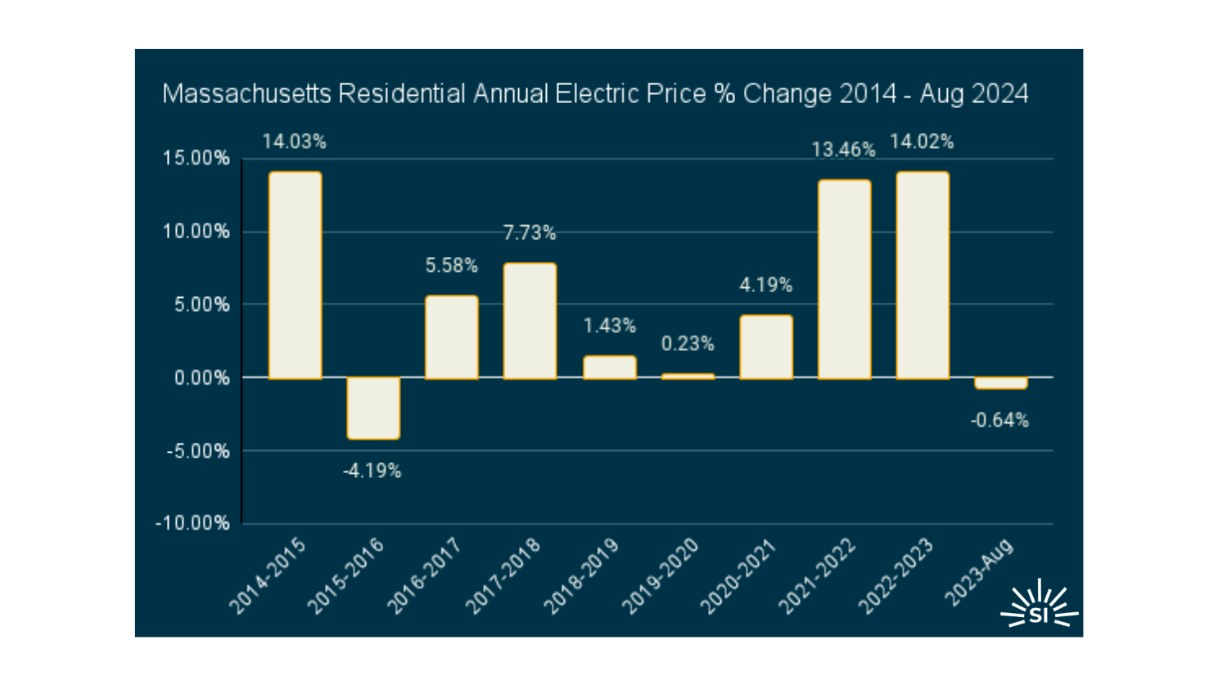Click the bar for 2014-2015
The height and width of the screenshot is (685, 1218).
[295, 275]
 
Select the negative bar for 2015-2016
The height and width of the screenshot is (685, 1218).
[373, 408]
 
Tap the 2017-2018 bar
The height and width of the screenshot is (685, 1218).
[530, 321]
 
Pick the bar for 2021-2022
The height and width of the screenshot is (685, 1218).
[844, 279]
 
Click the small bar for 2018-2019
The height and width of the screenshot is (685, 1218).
[609, 367]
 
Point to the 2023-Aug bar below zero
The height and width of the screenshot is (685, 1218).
[1000, 383]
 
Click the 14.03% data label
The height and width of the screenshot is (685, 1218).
[294, 142]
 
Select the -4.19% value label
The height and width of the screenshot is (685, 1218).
[372, 471]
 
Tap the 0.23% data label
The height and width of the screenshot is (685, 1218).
[688, 344]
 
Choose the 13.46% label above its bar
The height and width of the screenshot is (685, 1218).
[843, 150]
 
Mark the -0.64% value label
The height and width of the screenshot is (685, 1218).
[999, 421]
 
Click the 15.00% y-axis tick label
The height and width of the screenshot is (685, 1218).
[196, 159]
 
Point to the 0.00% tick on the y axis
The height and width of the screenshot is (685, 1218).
[201, 378]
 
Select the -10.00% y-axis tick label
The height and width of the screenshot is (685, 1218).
[192, 524]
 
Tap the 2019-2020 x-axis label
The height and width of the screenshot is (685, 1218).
[660, 576]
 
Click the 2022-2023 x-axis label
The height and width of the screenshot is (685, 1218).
[895, 576]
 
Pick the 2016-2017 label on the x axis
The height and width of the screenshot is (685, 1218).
[424, 576]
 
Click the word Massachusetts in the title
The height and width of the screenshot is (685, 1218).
[246, 94]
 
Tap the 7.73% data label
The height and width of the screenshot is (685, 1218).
[529, 233]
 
